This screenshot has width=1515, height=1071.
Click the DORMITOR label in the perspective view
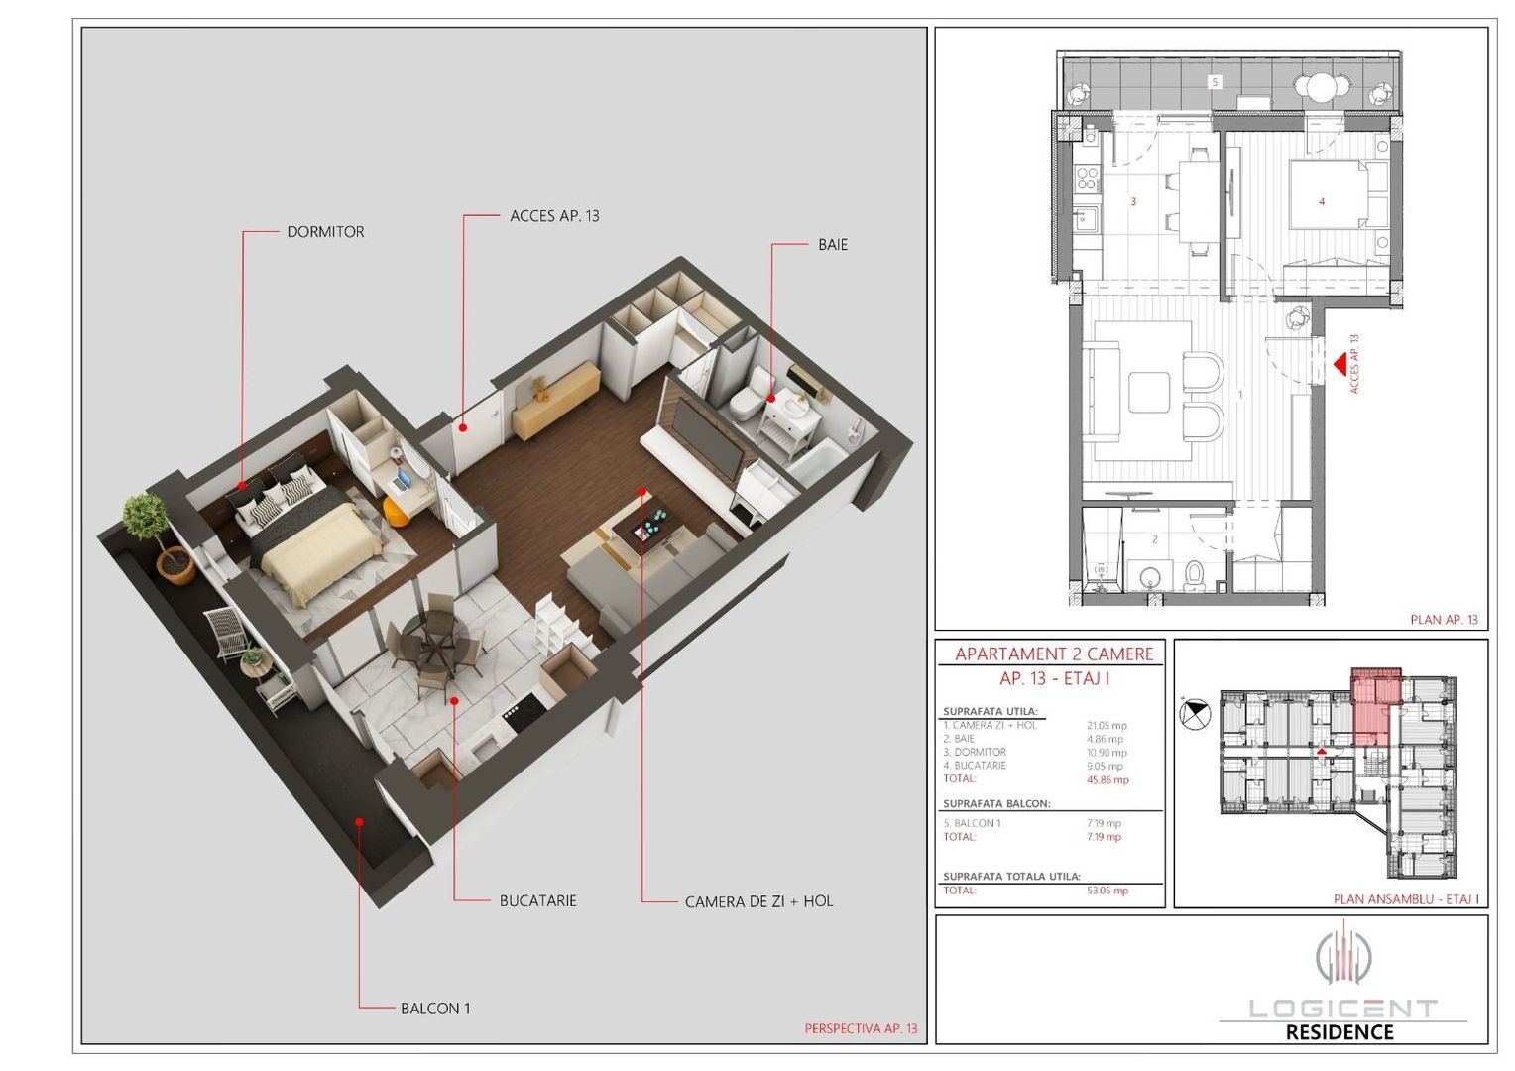tap(325, 232)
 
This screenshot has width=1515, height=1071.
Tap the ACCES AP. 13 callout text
tap(554, 216)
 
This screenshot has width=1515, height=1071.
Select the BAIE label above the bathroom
tap(832, 245)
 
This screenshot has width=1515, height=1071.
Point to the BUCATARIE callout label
tap(537, 901)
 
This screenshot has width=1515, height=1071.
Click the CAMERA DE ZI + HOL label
tap(758, 902)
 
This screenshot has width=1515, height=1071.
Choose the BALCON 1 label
tap(435, 1009)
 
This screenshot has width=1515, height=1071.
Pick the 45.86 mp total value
tap(1107, 780)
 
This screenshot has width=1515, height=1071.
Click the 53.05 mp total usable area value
tap(1107, 891)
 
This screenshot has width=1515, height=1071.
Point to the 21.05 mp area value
tap(1107, 726)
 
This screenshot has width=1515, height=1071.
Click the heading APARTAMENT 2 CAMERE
tap(1054, 654)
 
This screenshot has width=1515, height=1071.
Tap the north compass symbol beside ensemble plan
tap(1196, 713)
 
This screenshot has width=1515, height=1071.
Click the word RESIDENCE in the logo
tap(1339, 1032)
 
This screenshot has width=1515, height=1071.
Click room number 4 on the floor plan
tap(1321, 201)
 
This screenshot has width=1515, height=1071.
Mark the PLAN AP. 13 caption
tap(1444, 620)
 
